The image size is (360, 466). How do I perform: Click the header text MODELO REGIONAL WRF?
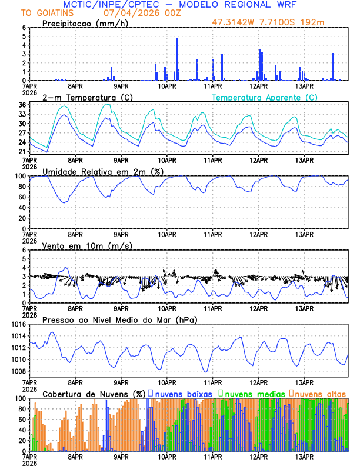[x=248, y=5]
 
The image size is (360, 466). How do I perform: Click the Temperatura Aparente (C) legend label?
[x=265, y=97]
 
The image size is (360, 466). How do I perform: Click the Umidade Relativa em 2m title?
[x=102, y=171]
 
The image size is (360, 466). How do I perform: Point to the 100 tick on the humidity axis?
[x=19, y=176]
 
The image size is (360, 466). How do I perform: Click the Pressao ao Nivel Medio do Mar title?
[x=119, y=319]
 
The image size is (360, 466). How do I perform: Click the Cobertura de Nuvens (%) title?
[x=94, y=394]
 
